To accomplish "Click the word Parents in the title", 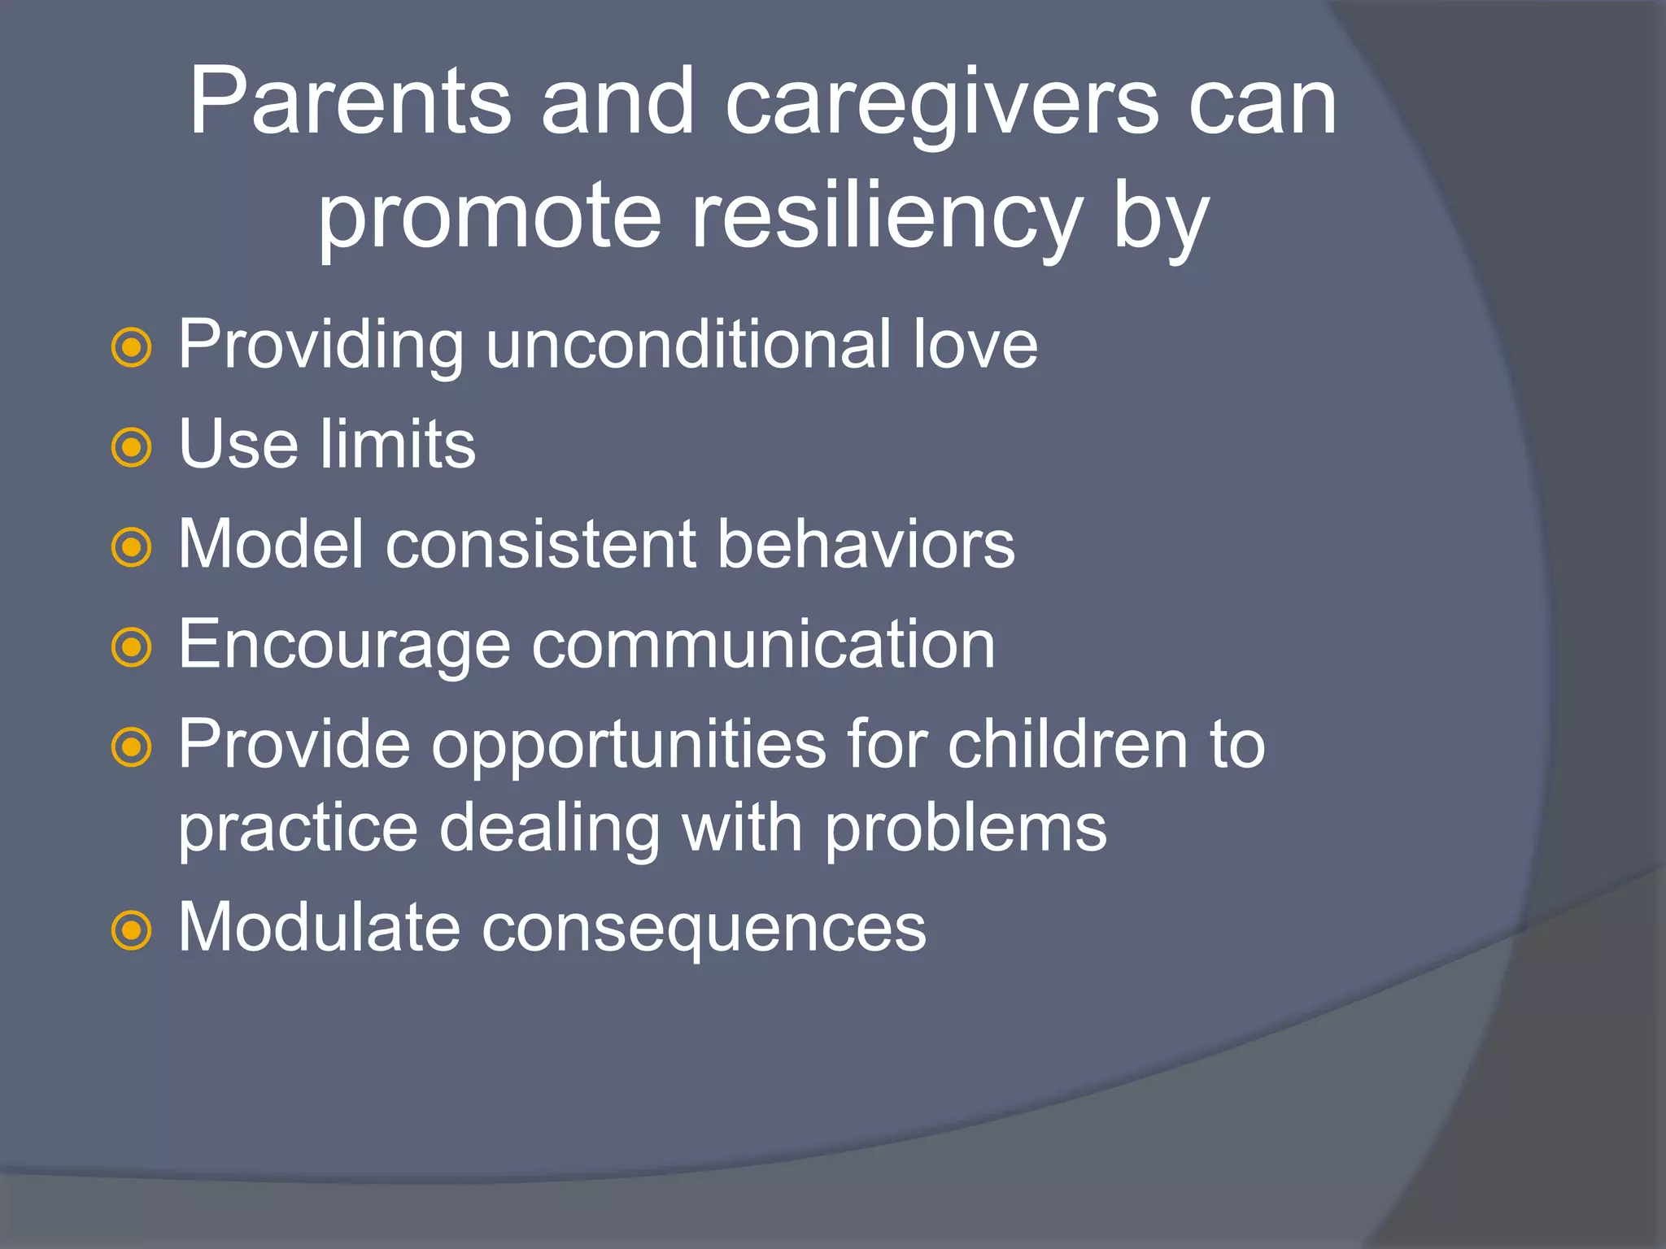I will click(x=350, y=104).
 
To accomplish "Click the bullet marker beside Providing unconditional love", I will click(x=131, y=348).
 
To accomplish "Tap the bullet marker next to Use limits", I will click(x=131, y=448).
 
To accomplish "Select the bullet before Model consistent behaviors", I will click(x=131, y=548).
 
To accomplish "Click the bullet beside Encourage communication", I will click(x=131, y=648).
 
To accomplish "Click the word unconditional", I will click(x=688, y=345).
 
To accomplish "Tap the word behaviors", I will click(x=866, y=544).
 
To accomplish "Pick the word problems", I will click(x=966, y=829).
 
